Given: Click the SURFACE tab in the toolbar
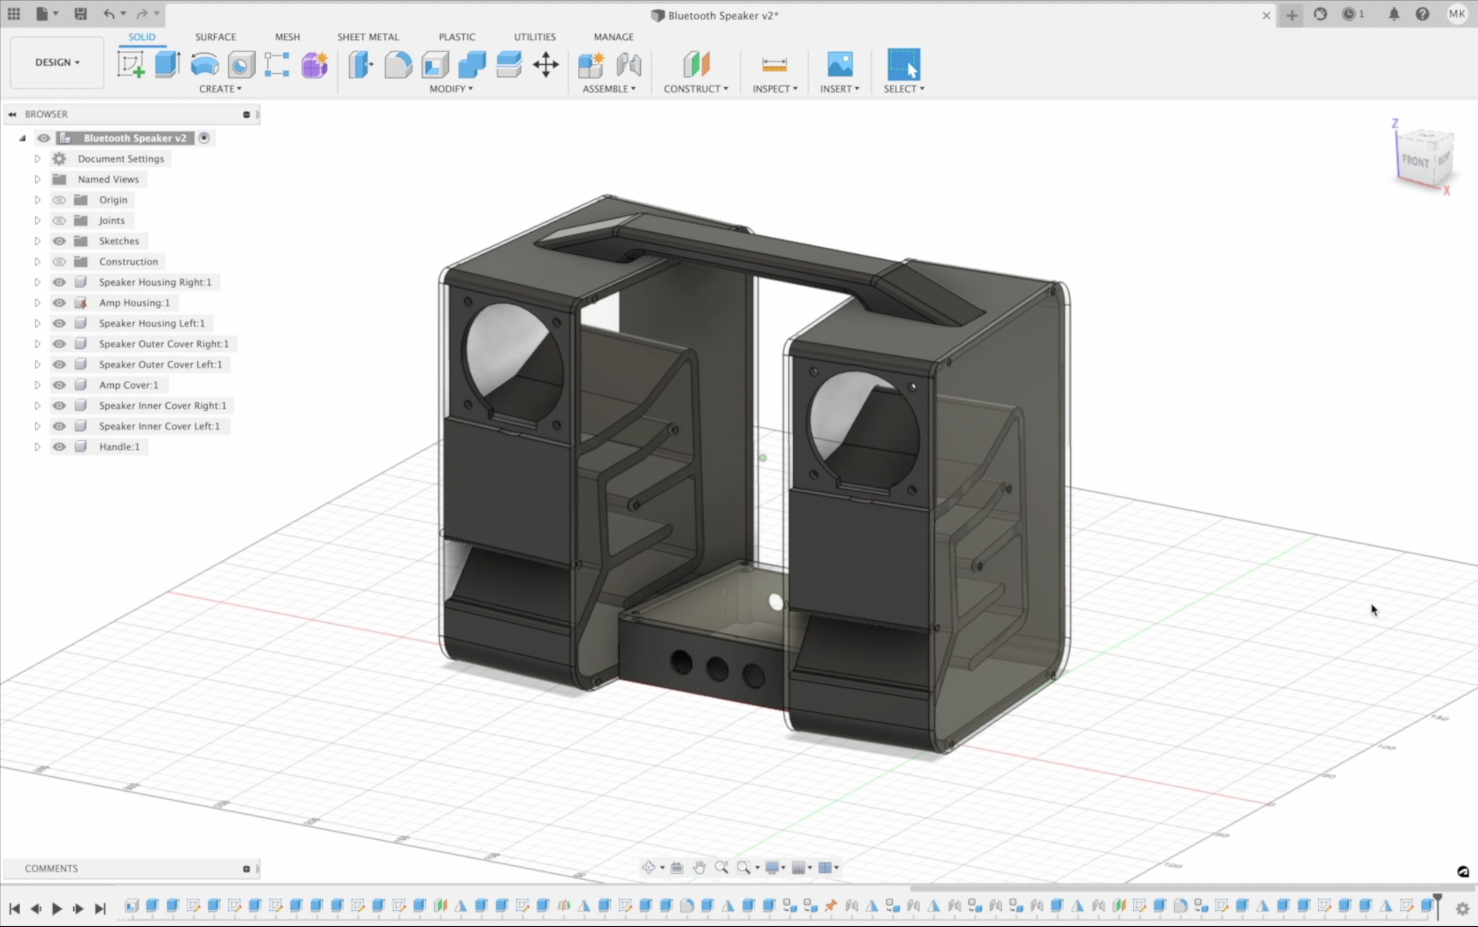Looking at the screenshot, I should pyautogui.click(x=215, y=37).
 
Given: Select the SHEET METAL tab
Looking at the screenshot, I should pyautogui.click(x=368, y=37).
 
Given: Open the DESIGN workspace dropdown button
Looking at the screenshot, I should pyautogui.click(x=57, y=62).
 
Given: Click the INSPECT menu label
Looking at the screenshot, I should pyautogui.click(x=775, y=89).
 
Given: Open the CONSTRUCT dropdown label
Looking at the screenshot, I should pyautogui.click(x=696, y=89).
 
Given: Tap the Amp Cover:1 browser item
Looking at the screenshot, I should pyautogui.click(x=128, y=385).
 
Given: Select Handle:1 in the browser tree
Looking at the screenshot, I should pyautogui.click(x=119, y=447).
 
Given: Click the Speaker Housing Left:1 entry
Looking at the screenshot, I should pyautogui.click(x=151, y=323).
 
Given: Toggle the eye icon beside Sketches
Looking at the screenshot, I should pyautogui.click(x=59, y=241).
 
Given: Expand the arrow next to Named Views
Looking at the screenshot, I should pyautogui.click(x=38, y=180).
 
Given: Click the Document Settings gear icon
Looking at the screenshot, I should pyautogui.click(x=59, y=159).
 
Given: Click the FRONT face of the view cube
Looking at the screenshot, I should pyautogui.click(x=1415, y=161).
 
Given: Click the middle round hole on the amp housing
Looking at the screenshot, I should pyautogui.click(x=717, y=669).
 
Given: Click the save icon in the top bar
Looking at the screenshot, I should pyautogui.click(x=80, y=14).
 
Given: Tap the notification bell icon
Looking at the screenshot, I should pyautogui.click(x=1394, y=14).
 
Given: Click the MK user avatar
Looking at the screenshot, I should pyautogui.click(x=1457, y=14).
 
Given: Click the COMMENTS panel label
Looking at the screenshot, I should pyautogui.click(x=51, y=869).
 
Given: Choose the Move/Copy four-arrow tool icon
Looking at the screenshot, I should pyautogui.click(x=546, y=64).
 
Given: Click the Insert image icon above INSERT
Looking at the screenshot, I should pyautogui.click(x=839, y=64).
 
